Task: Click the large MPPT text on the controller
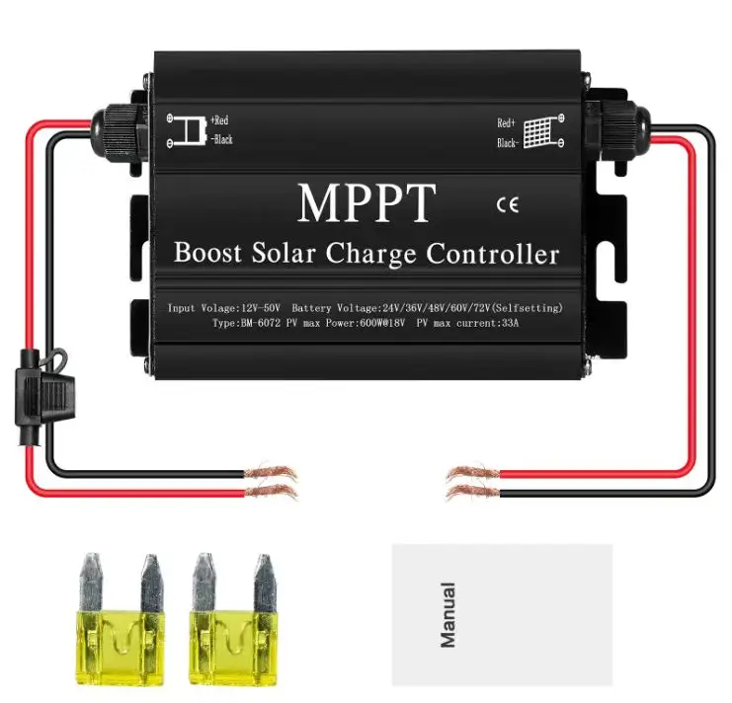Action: (x=365, y=202)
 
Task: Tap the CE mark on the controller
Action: (x=505, y=205)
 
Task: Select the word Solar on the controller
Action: (x=283, y=253)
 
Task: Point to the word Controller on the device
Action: (x=493, y=254)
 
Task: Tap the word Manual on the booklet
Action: (x=447, y=614)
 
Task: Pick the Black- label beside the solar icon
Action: (x=509, y=143)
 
